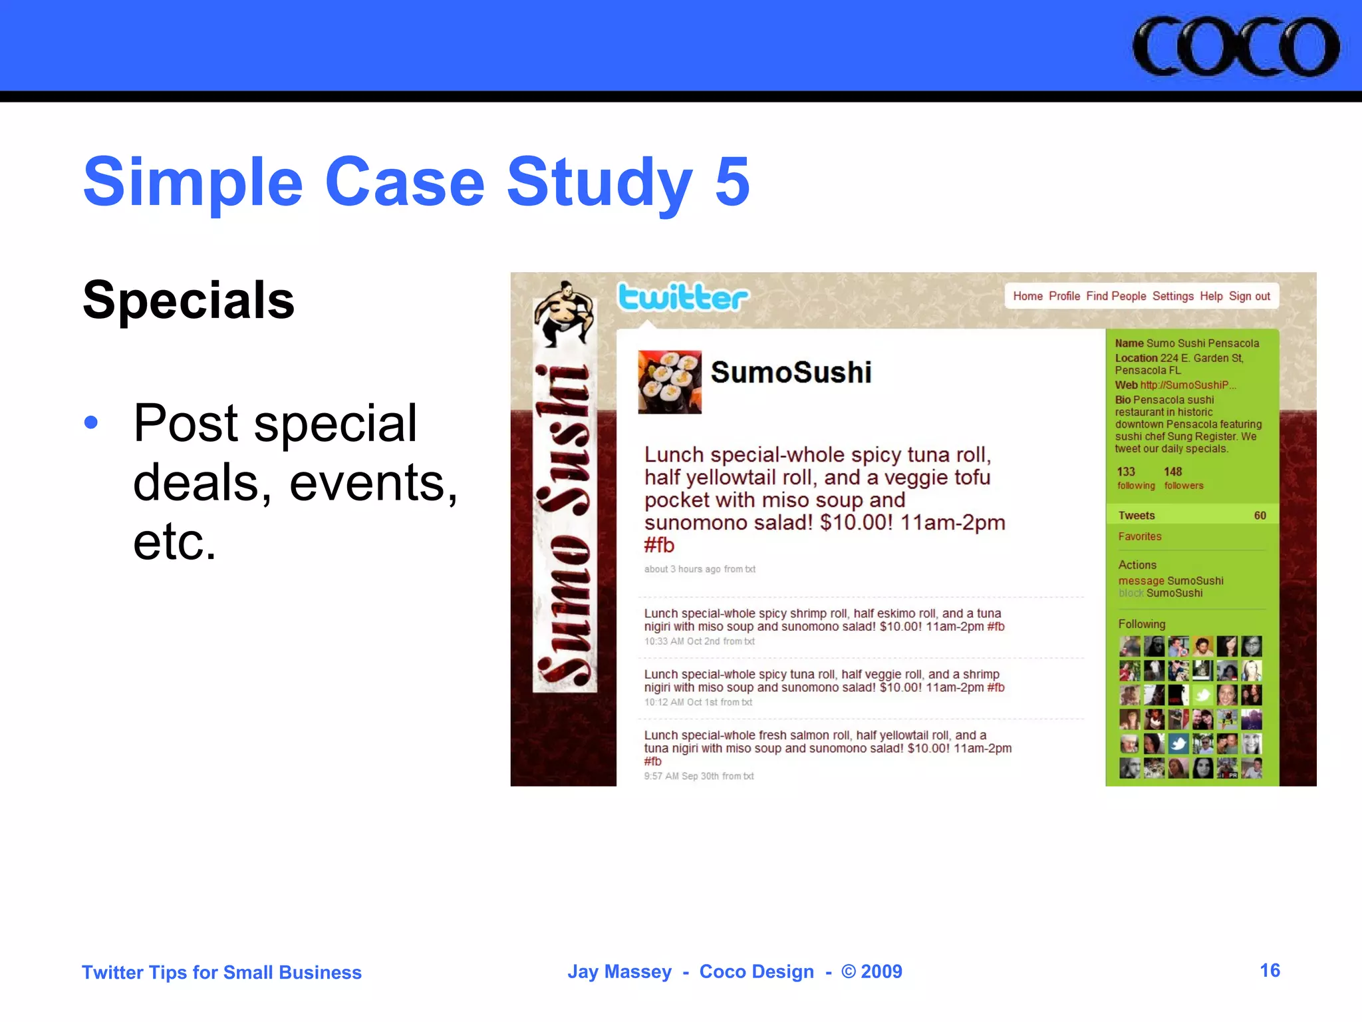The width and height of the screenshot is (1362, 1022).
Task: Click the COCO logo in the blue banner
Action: [x=1236, y=47]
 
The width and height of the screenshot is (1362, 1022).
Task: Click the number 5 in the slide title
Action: [x=732, y=181]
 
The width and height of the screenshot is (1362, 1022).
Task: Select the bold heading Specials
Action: [x=188, y=300]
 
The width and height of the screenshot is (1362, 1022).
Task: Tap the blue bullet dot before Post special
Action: [x=91, y=422]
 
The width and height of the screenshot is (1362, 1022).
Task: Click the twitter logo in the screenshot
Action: [x=683, y=297]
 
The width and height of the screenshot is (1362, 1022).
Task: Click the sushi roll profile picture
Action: [x=669, y=382]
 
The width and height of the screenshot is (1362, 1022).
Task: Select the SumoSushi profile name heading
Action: [x=791, y=372]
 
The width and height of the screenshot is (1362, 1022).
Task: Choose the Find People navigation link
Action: [x=1116, y=296]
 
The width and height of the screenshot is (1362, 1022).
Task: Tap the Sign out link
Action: [x=1249, y=296]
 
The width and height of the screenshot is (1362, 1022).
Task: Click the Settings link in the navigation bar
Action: [x=1172, y=296]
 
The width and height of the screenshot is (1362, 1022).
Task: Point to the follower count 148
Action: [x=1172, y=472]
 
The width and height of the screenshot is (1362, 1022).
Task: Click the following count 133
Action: [x=1126, y=472]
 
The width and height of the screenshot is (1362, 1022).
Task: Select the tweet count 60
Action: [x=1260, y=516]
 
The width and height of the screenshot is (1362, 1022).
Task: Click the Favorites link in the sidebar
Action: [x=1140, y=536]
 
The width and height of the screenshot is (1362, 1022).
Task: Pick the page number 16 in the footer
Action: [x=1270, y=970]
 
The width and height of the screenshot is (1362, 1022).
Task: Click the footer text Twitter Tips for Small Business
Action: [x=221, y=972]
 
